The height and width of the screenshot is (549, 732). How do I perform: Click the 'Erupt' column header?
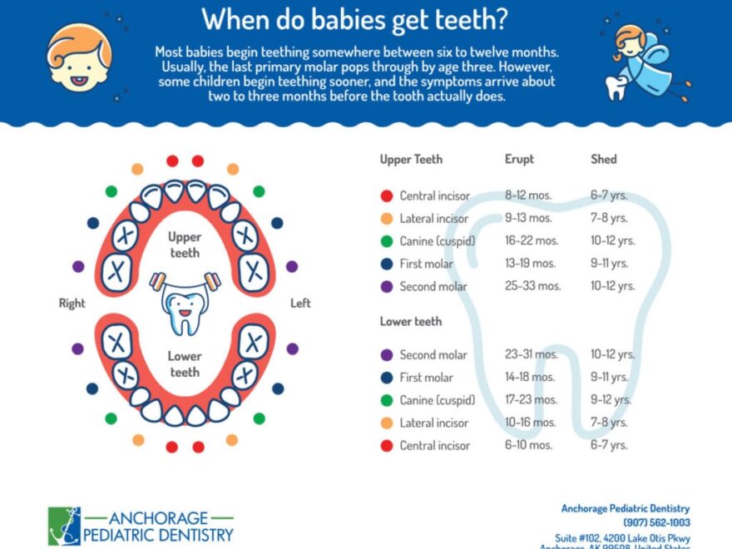point(519,159)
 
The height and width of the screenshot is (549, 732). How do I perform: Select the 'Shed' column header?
point(604,159)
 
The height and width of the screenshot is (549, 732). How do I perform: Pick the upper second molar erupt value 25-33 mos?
point(532,286)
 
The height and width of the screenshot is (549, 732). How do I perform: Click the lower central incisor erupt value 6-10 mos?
point(528,445)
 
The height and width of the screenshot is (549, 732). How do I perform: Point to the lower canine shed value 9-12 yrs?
point(612,400)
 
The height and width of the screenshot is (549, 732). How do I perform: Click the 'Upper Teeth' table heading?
point(411,159)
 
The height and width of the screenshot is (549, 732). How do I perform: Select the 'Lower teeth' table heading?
point(411,321)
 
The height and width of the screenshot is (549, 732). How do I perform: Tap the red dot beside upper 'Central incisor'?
point(387,196)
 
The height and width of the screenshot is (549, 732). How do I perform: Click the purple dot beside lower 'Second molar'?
point(387,354)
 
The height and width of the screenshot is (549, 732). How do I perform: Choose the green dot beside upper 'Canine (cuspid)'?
point(387,241)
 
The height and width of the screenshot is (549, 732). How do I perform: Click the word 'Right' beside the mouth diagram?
point(72,304)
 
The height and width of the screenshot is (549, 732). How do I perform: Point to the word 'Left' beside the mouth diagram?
point(300,304)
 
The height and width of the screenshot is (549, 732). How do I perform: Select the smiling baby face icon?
point(79,57)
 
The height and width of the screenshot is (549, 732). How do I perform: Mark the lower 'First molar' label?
point(426,378)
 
